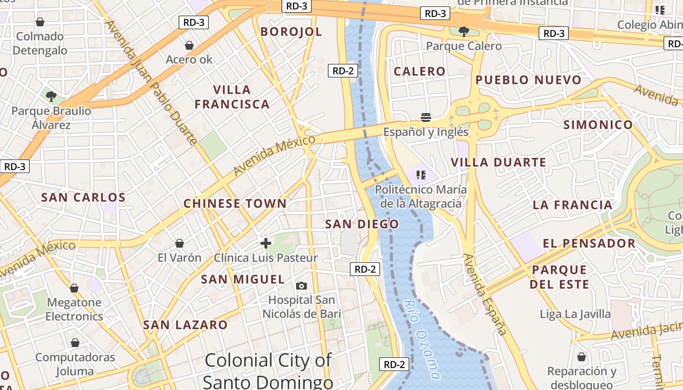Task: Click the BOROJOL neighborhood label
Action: (291, 32)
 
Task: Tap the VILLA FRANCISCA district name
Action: (232, 97)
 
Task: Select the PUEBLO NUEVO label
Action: (528, 80)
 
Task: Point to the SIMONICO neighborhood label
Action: (598, 125)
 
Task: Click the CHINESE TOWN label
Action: (235, 204)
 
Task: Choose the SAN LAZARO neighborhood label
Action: (185, 325)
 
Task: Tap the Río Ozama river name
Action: (422, 339)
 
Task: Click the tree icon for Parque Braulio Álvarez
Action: (51, 96)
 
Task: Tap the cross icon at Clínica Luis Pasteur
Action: (266, 243)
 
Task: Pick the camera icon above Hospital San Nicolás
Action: (301, 286)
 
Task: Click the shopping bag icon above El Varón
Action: (180, 243)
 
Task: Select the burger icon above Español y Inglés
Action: (426, 117)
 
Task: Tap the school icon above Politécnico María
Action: (421, 175)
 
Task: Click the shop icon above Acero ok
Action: (189, 45)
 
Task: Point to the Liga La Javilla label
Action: (575, 314)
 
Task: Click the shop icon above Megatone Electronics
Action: (74, 288)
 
